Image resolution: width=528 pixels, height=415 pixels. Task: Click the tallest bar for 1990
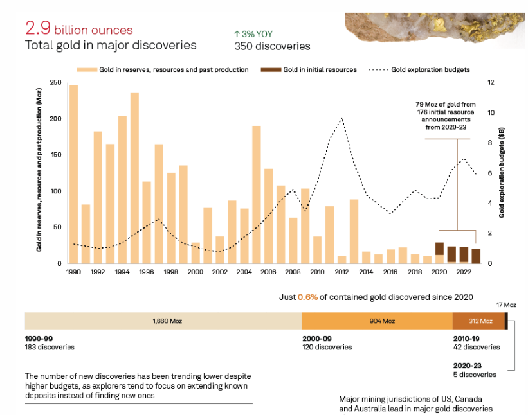pyautogui.click(x=73, y=174)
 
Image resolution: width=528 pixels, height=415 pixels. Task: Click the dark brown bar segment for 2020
pyautogui.click(x=439, y=249)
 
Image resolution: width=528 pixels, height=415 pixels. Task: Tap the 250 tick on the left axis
pyautogui.click(x=55, y=83)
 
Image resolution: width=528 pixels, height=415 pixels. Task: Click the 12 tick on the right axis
pyautogui.click(x=491, y=83)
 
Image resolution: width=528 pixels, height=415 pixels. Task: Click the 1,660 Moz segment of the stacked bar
pyautogui.click(x=163, y=321)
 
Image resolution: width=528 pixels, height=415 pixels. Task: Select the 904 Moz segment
pyautogui.click(x=377, y=321)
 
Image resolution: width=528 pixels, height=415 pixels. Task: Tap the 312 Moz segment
pyautogui.click(x=479, y=321)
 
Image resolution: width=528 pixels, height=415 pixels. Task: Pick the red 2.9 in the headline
pyautogui.click(x=38, y=29)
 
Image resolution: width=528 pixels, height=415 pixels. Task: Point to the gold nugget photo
pyautogui.click(x=435, y=30)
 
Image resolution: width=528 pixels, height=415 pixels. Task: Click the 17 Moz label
pyautogui.click(x=506, y=305)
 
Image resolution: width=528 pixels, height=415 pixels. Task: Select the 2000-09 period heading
pyautogui.click(x=318, y=338)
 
